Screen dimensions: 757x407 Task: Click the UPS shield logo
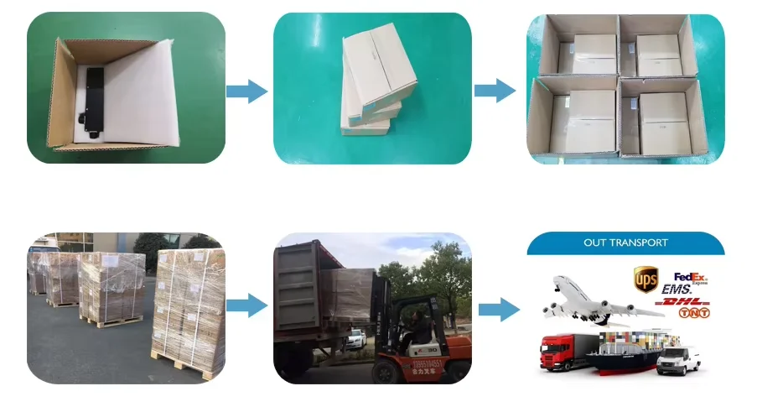[646, 279]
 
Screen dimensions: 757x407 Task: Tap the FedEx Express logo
[691, 277]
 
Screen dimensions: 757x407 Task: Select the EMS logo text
[677, 290]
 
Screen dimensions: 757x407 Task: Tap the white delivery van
[678, 360]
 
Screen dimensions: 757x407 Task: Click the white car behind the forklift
[356, 339]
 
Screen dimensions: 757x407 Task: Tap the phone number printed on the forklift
[428, 364]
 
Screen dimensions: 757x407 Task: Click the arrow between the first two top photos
[246, 91]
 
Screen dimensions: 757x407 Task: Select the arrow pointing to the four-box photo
[495, 91]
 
